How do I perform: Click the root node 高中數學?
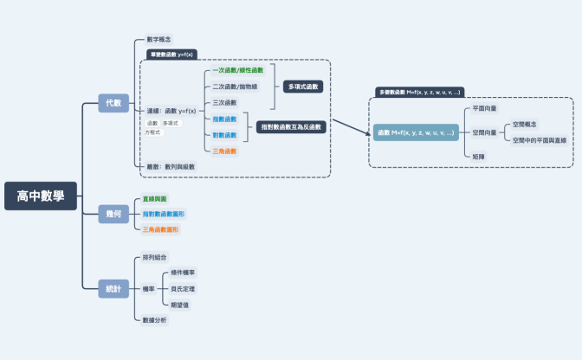pos(41,196)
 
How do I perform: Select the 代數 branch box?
pos(113,103)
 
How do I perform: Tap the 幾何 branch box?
pos(113,214)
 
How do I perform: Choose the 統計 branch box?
pos(113,289)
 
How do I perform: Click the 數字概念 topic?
pos(158,40)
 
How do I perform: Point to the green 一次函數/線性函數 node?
pos(237,69)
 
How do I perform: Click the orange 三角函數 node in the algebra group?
pos(224,151)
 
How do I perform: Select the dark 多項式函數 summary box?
pos(304,87)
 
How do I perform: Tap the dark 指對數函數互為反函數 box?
pos(290,127)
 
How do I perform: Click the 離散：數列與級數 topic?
pos(170,166)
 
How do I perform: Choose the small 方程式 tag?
pos(152,132)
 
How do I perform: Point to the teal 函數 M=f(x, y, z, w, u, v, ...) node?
pos(417,133)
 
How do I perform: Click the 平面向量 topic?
pos(485,109)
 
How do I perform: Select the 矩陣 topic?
pos(479,156)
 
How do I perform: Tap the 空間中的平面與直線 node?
pos(539,139)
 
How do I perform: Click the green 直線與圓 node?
pos(156,198)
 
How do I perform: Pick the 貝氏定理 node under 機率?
pos(183,288)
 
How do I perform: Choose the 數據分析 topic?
pos(155,320)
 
